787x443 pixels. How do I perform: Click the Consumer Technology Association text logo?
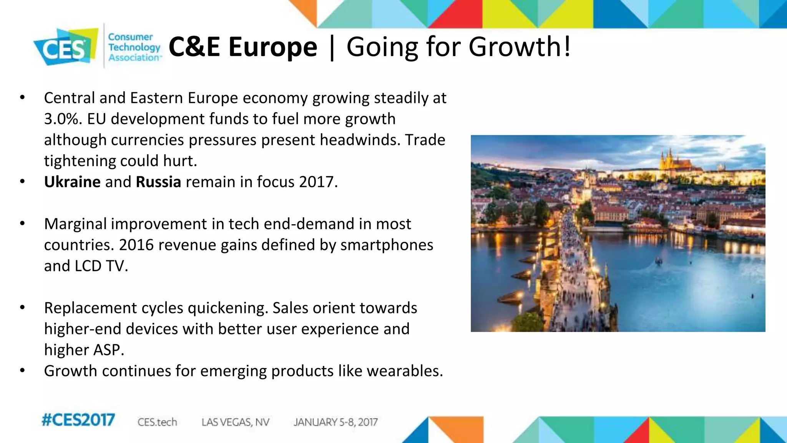133,47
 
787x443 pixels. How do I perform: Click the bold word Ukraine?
72,182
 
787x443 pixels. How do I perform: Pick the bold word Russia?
158,182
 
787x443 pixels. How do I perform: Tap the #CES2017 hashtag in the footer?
78,420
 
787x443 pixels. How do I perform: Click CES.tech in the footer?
157,422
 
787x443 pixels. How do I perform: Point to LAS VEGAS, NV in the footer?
235,422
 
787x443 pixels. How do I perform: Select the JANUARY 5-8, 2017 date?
335,422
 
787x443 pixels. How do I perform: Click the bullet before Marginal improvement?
22,223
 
